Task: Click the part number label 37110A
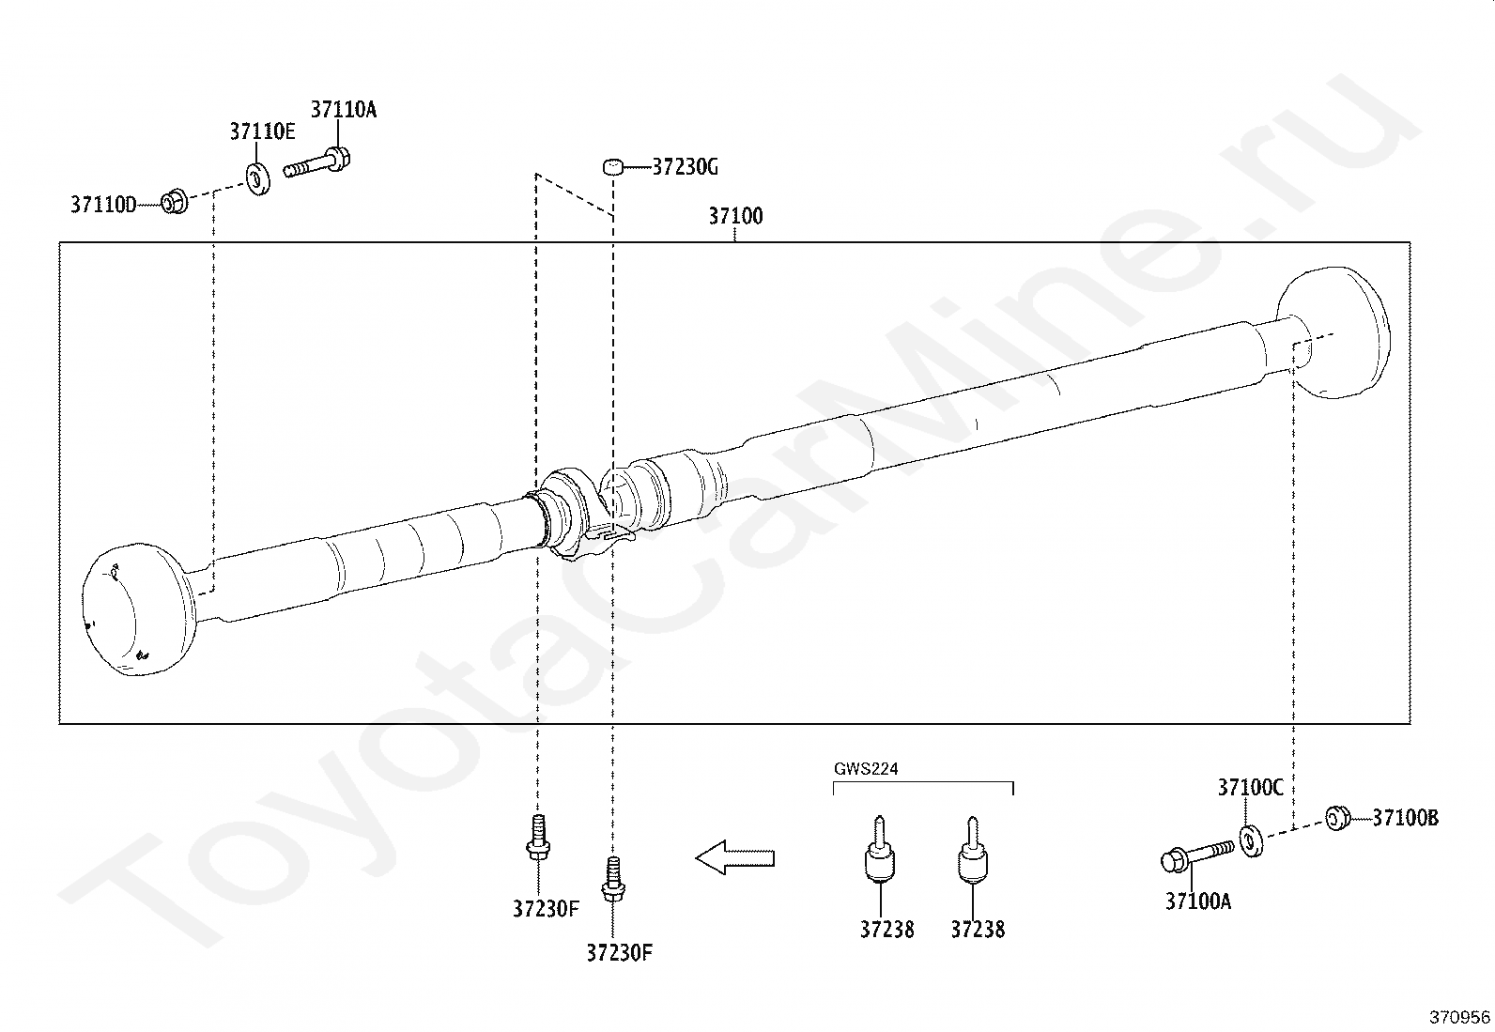(x=343, y=110)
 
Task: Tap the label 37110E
(x=262, y=131)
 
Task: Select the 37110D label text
(x=103, y=205)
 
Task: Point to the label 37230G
(x=685, y=167)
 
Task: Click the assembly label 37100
(x=735, y=216)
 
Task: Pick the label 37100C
(x=1250, y=788)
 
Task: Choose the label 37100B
(x=1405, y=818)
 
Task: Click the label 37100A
(x=1198, y=901)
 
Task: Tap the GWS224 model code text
(x=866, y=769)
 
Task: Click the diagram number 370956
(x=1459, y=1017)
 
